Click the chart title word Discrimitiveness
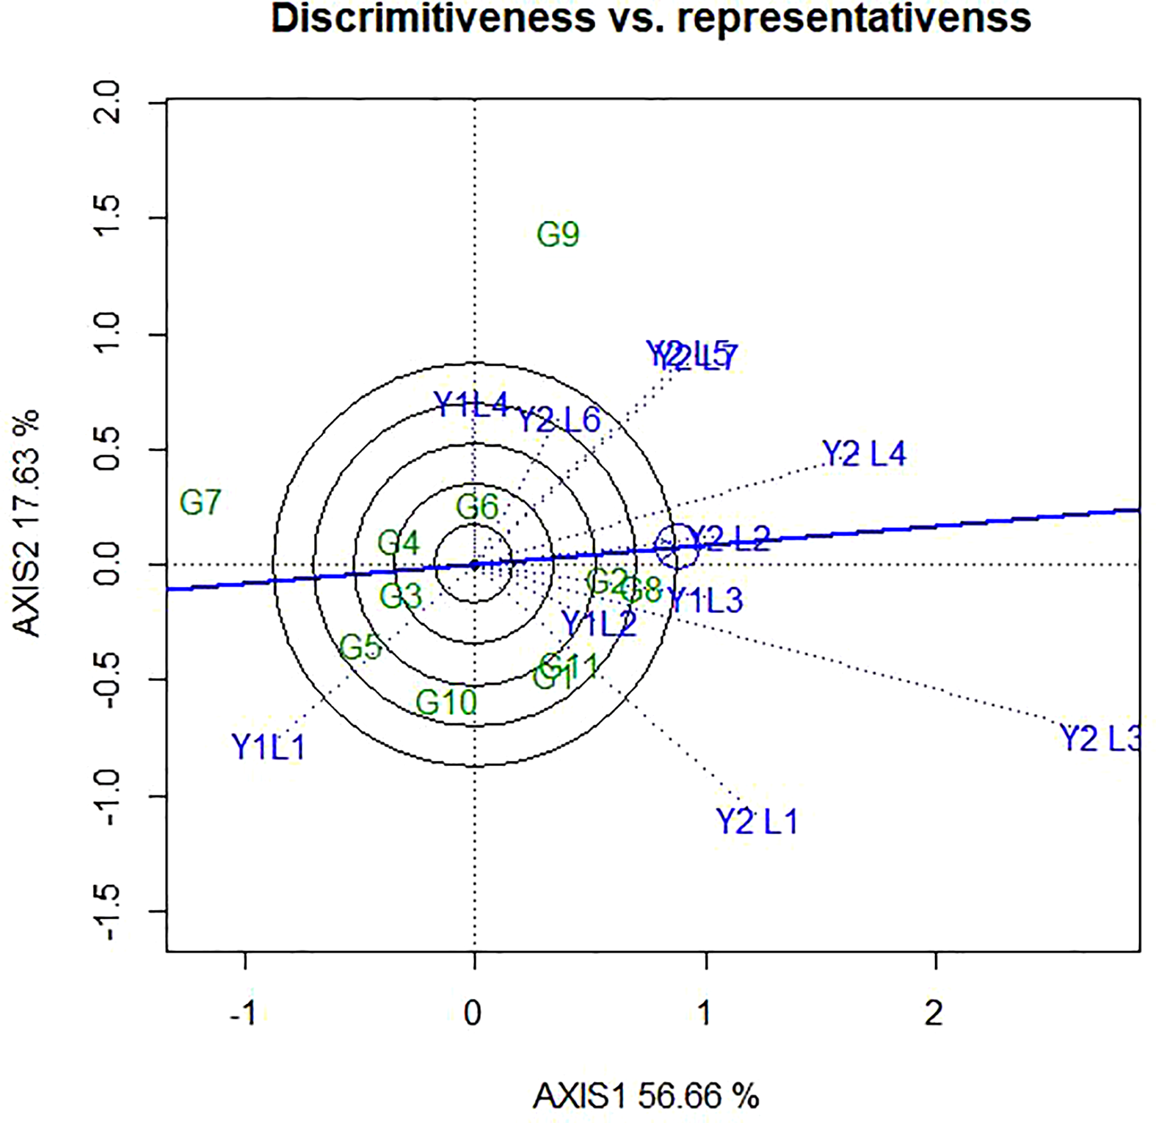point(433,18)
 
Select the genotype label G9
point(558,235)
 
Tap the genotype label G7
point(200,503)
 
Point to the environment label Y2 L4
point(864,454)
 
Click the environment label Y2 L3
point(1099,738)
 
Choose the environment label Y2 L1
point(756,821)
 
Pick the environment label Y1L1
point(268,748)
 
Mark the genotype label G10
point(446,703)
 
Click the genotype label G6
point(477,507)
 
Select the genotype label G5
point(360,648)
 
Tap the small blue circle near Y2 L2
point(676,546)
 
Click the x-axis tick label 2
point(934,1014)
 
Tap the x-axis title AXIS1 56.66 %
point(645,1097)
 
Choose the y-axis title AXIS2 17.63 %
point(27,523)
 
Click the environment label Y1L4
point(470,405)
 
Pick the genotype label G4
point(399,544)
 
